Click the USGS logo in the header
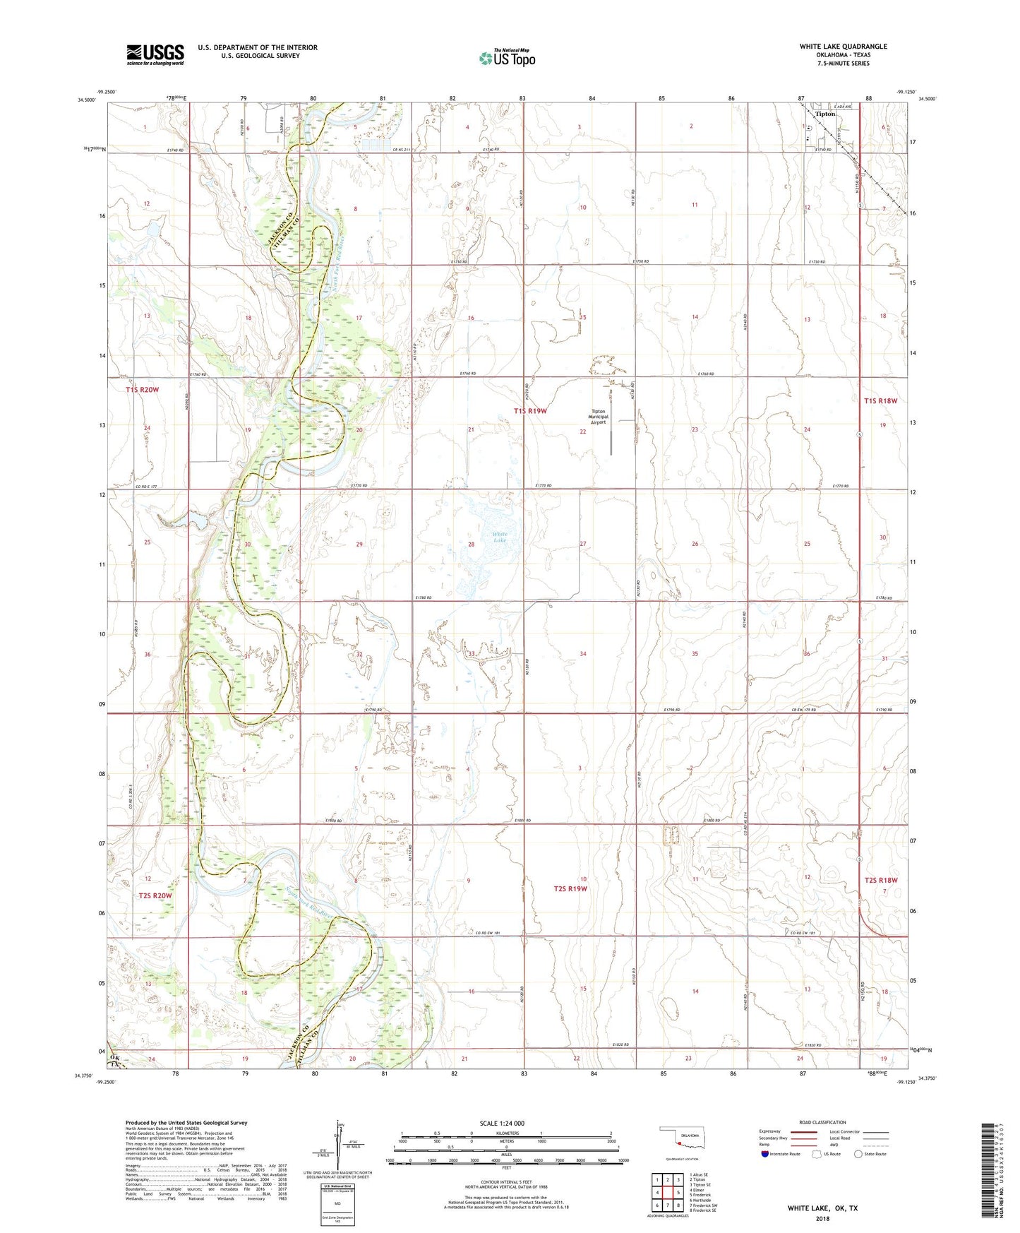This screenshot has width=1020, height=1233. tap(155, 54)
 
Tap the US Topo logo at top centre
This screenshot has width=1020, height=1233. tap(507, 58)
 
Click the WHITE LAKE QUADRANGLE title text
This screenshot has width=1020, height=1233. tap(843, 47)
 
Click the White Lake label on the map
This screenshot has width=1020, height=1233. tap(500, 537)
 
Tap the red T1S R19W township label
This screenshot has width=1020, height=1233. tap(530, 410)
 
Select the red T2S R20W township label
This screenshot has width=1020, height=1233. tap(155, 895)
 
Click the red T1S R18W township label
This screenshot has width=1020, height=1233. tap(880, 401)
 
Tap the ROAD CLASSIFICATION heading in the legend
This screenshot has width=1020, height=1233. tap(822, 1122)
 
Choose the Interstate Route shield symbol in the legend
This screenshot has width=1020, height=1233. tap(765, 1154)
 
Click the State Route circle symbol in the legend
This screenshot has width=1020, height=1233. tap(858, 1154)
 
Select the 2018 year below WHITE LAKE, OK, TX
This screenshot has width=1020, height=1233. tap(822, 1218)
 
